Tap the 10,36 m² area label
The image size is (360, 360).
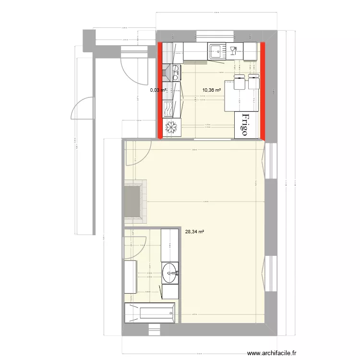coord(211,90)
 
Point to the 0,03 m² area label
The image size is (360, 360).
coord(158,90)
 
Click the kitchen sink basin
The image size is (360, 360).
coord(216,50)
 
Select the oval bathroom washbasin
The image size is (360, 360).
coord(169,273)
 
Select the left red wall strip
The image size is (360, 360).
coord(160,90)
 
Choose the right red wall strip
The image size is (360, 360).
coord(263,90)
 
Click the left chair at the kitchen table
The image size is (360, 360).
coord(239,82)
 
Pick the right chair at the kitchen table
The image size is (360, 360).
coord(253,82)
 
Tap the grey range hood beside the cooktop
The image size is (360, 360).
coord(166,72)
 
